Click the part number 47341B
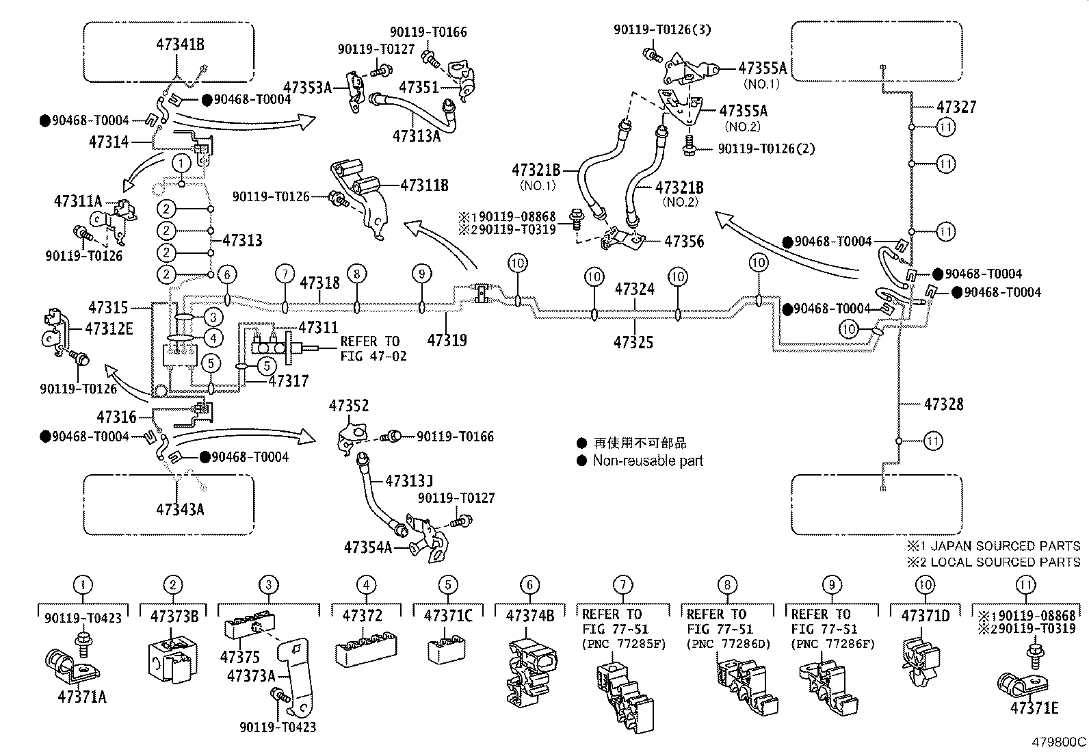point(180,45)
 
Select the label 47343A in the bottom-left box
point(180,509)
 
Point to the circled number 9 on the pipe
point(422,274)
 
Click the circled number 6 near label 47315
point(228,275)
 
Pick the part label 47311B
point(424,185)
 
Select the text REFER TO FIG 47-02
point(373,348)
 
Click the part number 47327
point(956,107)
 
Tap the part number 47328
point(943,404)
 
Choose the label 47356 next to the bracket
point(684,241)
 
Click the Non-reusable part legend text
point(648,461)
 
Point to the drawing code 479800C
point(1060,742)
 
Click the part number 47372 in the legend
point(362,615)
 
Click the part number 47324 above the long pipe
point(634,289)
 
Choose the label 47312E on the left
point(109,328)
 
